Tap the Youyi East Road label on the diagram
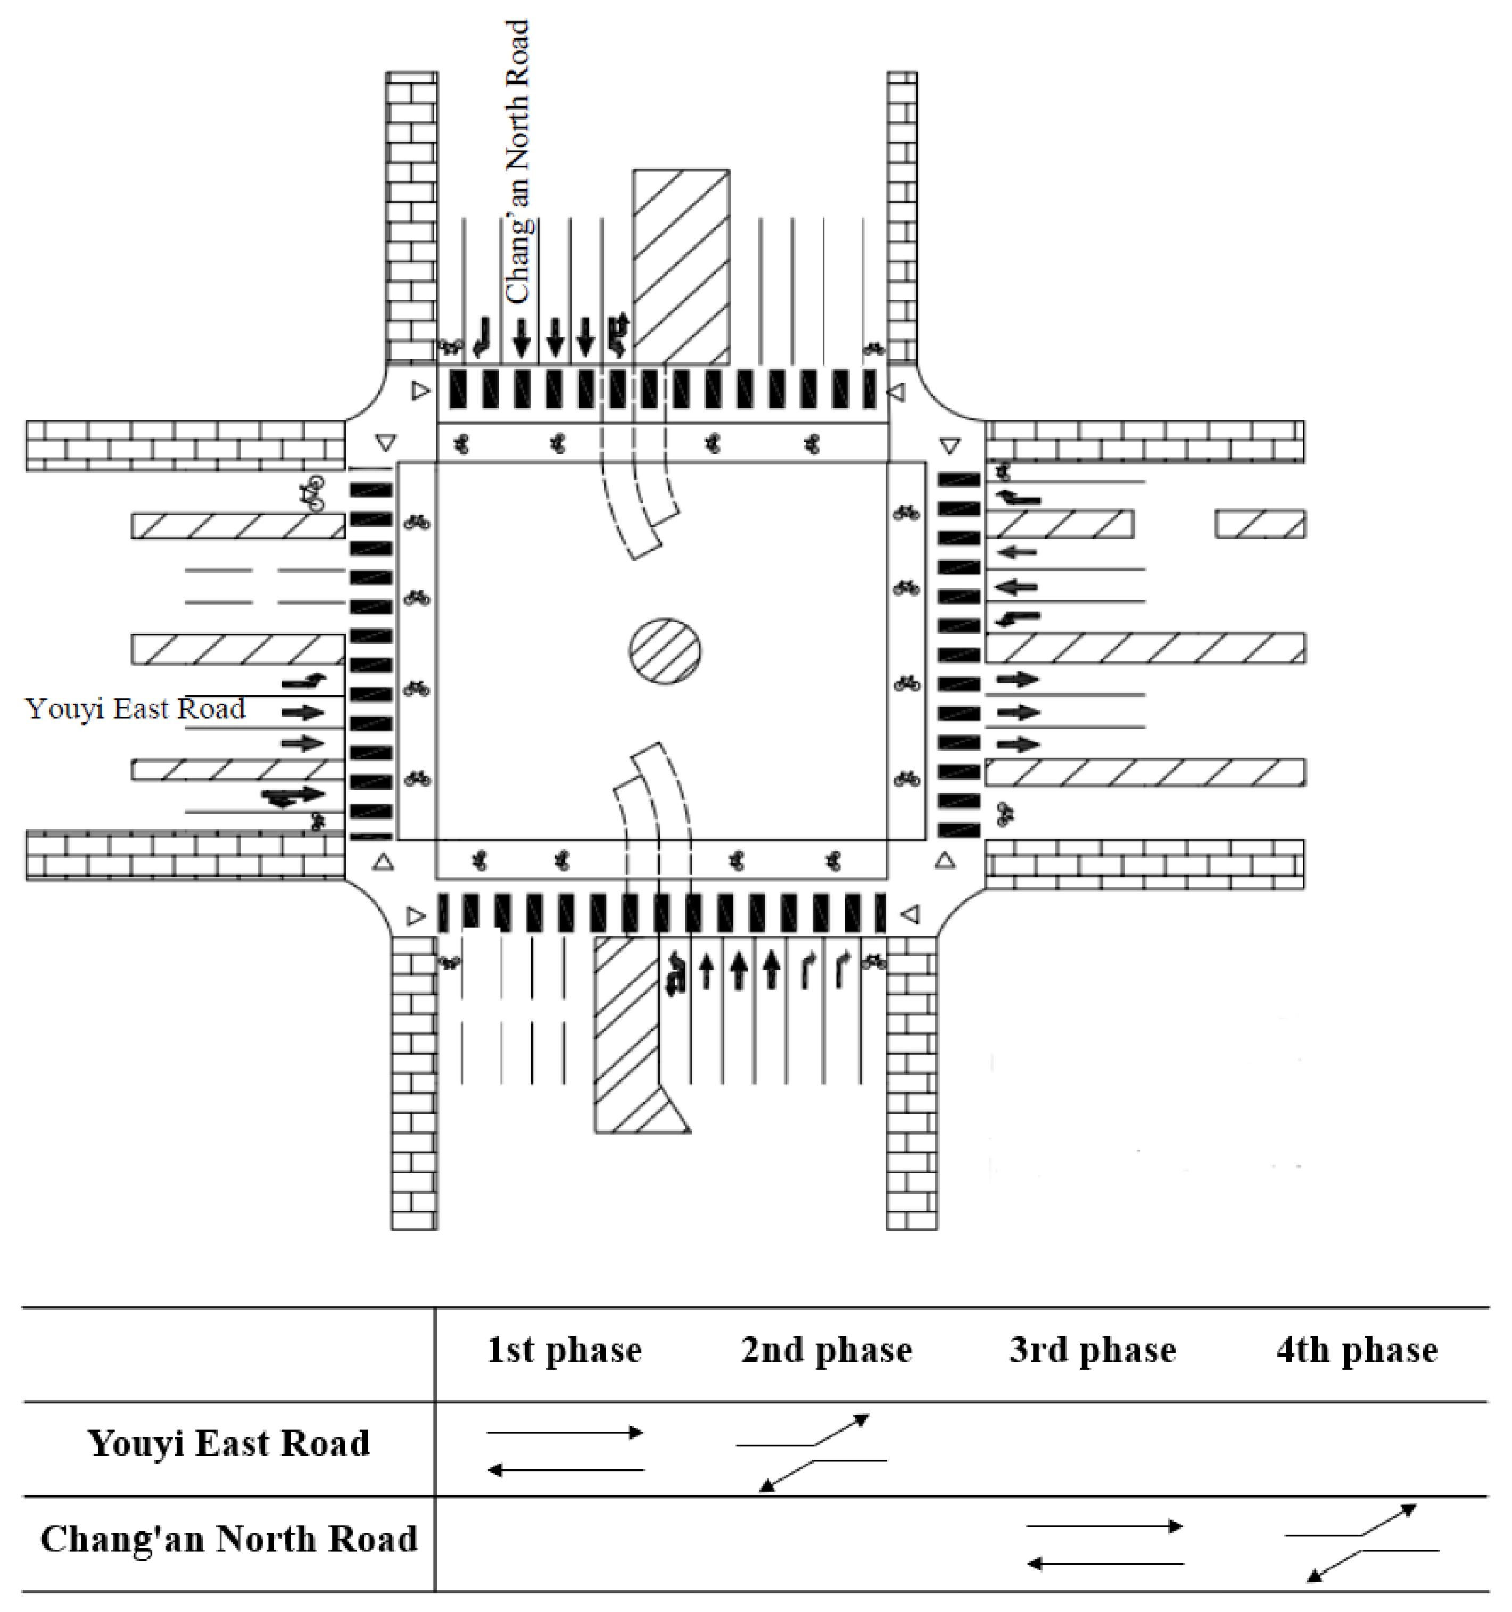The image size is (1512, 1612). tap(135, 709)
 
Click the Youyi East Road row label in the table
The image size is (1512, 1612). tap(229, 1443)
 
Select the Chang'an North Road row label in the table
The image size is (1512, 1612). tap(229, 1538)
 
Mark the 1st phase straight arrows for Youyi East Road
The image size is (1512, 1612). tap(565, 1451)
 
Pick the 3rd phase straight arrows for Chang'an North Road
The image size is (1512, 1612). tap(1105, 1545)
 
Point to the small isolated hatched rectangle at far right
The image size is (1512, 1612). tap(1260, 524)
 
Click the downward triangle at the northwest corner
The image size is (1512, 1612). tap(386, 443)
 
